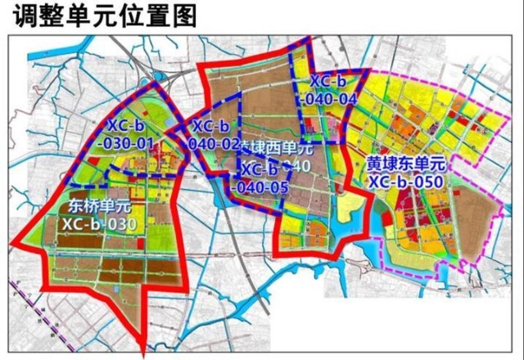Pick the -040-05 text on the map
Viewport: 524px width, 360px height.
click(x=260, y=187)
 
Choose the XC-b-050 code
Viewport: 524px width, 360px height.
click(x=405, y=182)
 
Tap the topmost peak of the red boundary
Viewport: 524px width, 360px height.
click(x=309, y=38)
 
